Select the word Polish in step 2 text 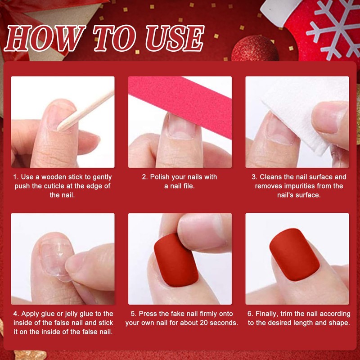coord(160,177)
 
